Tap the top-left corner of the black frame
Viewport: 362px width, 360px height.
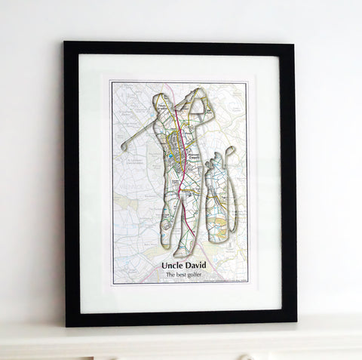pos(66,44)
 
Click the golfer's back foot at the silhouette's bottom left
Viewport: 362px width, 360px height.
pos(165,245)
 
